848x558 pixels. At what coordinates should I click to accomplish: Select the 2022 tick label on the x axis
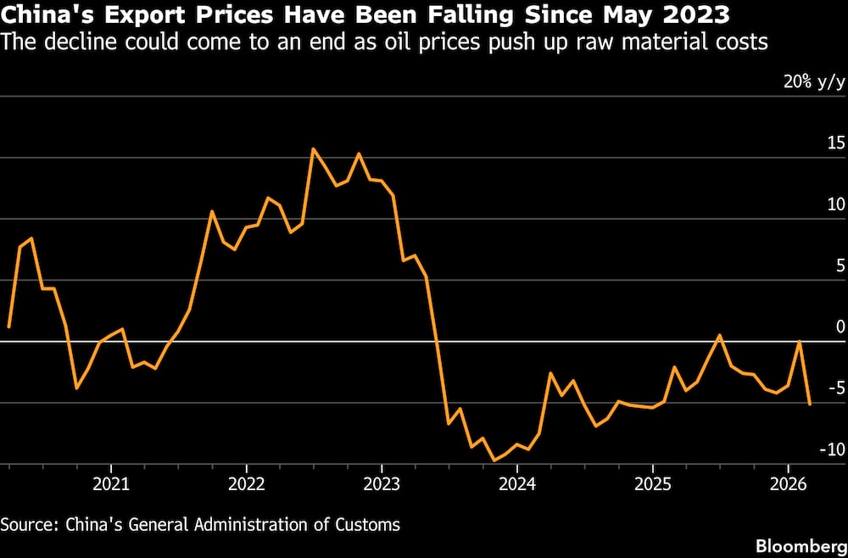click(x=246, y=484)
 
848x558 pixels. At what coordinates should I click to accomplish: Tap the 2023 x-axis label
click(x=381, y=484)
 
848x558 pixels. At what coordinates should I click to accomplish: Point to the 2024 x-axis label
click(x=516, y=484)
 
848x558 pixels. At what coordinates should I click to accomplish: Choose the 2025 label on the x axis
click(x=651, y=484)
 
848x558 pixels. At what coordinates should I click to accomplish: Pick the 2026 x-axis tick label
click(x=787, y=484)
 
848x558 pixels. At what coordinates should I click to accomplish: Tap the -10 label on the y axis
click(x=832, y=449)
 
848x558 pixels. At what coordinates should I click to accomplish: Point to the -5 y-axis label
click(x=835, y=388)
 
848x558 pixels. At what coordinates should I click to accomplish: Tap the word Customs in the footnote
click(x=368, y=524)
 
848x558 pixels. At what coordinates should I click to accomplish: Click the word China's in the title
click(x=42, y=14)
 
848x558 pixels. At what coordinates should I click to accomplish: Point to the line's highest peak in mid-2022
click(x=313, y=149)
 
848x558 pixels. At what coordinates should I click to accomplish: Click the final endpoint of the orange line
click(x=810, y=404)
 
